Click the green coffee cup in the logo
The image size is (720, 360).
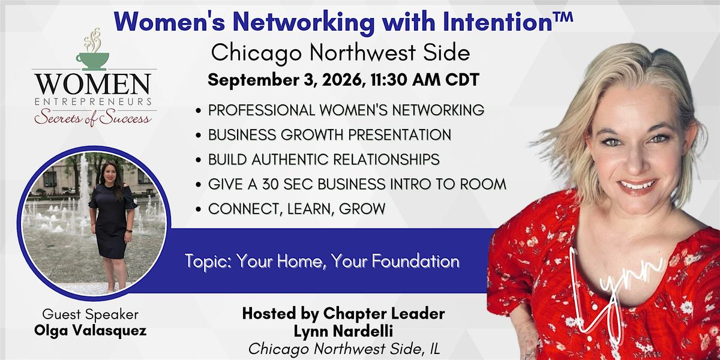click(x=92, y=61)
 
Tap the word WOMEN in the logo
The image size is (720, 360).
click(x=93, y=84)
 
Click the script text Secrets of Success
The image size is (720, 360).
click(x=93, y=118)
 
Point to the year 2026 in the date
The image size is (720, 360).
click(x=343, y=80)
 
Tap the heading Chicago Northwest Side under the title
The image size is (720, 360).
click(x=340, y=53)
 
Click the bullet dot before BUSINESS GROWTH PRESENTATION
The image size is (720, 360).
click(x=199, y=136)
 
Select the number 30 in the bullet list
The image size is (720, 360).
click(x=271, y=184)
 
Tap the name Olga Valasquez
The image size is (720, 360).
click(x=91, y=331)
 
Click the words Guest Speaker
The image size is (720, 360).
click(x=91, y=314)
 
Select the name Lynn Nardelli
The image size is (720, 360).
click(x=343, y=332)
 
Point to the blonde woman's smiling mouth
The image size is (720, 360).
click(x=637, y=186)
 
